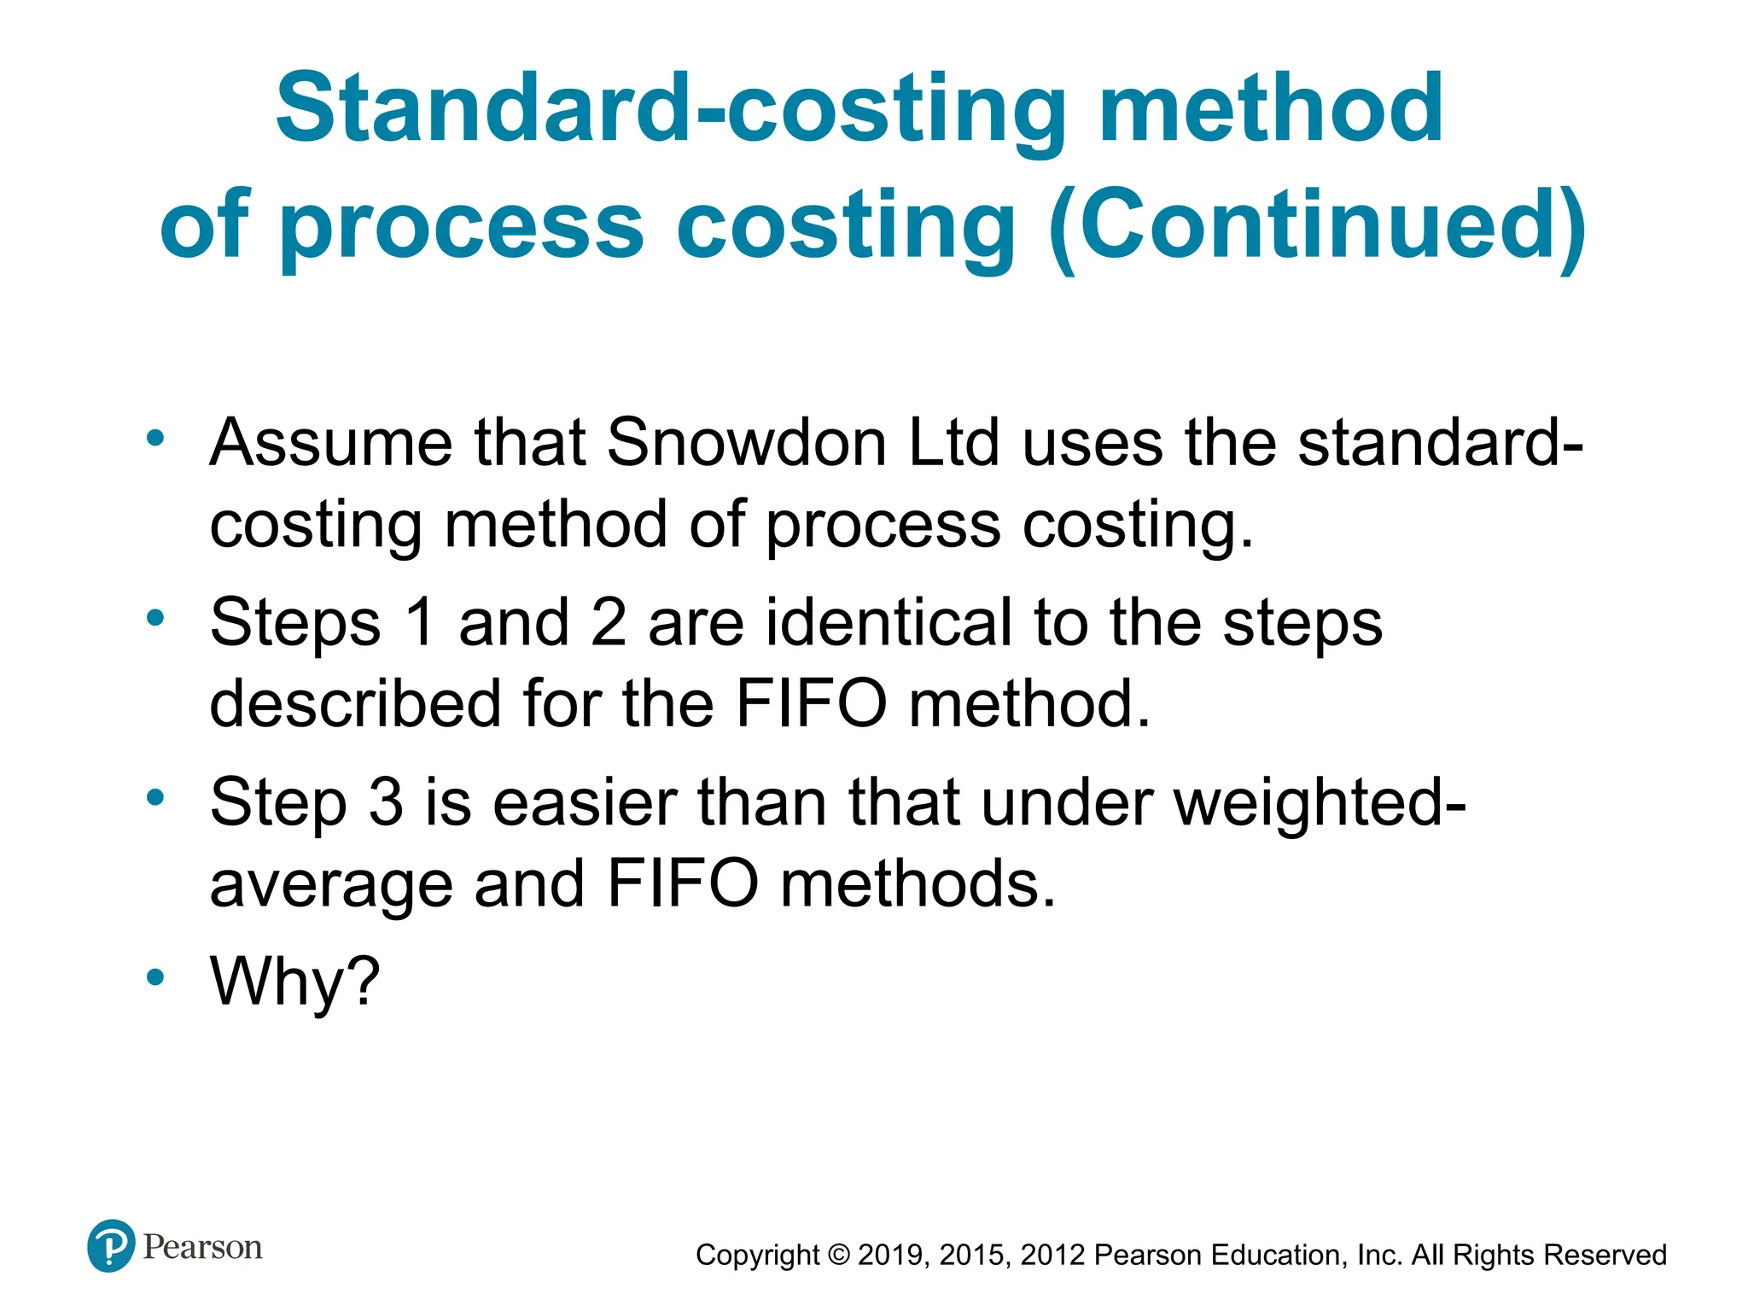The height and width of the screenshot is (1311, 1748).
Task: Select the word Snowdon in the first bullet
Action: [747, 443]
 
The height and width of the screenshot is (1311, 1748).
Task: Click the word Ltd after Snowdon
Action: [953, 443]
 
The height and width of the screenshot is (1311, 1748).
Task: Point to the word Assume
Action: [331, 443]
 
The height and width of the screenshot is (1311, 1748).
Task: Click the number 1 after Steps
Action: [420, 622]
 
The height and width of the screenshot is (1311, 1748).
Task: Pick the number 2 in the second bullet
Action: [609, 622]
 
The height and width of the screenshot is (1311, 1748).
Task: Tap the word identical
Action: [889, 622]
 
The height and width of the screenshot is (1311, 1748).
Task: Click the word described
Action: [355, 704]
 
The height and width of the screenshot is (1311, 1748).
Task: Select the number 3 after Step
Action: [386, 802]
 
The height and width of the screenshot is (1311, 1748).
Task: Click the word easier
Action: [585, 802]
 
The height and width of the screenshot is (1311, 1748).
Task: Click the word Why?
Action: [294, 982]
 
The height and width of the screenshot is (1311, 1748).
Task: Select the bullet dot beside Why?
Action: [154, 977]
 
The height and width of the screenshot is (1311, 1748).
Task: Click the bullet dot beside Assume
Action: [154, 439]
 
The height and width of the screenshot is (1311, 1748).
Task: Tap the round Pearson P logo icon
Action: [111, 1246]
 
